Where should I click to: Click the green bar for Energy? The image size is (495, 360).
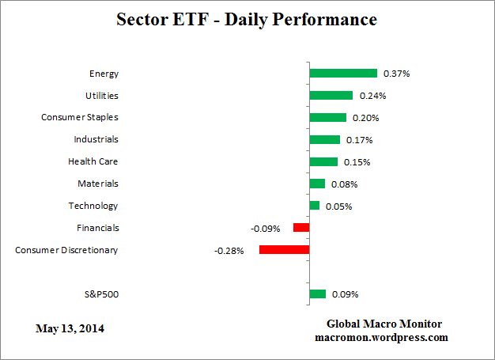click(x=343, y=74)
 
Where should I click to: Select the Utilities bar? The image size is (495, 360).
click(x=331, y=96)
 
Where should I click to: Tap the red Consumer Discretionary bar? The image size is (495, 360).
click(x=284, y=250)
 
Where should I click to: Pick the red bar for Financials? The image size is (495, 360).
click(x=301, y=228)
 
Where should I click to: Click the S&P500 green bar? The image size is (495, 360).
click(x=317, y=294)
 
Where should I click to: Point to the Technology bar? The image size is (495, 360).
click(x=314, y=206)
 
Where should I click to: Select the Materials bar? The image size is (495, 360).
click(x=317, y=184)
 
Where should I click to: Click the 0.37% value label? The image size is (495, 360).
click(x=396, y=74)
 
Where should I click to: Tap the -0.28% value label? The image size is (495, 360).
click(x=229, y=251)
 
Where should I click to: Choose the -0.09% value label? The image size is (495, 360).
click(x=264, y=229)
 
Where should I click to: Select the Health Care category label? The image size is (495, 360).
click(x=93, y=161)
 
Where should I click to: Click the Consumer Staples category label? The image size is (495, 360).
click(x=79, y=117)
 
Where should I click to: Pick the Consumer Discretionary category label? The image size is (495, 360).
click(x=66, y=250)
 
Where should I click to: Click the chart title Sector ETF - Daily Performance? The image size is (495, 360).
click(x=247, y=19)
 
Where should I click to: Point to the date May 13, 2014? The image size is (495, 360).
click(x=70, y=328)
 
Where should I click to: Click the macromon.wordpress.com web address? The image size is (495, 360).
click(x=381, y=337)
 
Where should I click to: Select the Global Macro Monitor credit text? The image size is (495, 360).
click(x=384, y=324)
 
